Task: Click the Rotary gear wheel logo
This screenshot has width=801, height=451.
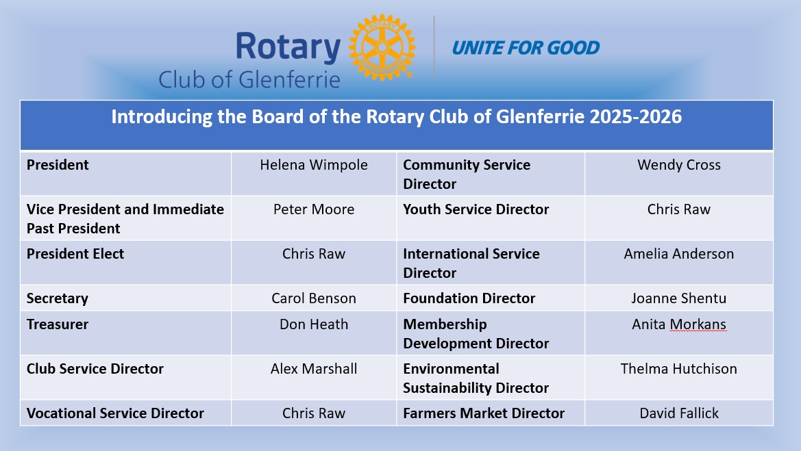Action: click(x=382, y=47)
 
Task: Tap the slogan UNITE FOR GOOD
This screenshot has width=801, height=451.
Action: click(x=526, y=48)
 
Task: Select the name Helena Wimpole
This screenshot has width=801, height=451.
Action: click(x=314, y=165)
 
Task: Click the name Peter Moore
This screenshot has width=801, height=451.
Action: click(x=314, y=209)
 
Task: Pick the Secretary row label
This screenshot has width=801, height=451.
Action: click(x=58, y=298)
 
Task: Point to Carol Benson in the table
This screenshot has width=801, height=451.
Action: click(x=314, y=298)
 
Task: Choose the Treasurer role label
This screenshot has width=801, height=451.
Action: click(x=58, y=324)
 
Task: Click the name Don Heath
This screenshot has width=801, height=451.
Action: click(x=314, y=324)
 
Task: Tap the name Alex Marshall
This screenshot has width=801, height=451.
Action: click(x=314, y=369)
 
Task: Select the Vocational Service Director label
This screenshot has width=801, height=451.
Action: click(x=115, y=413)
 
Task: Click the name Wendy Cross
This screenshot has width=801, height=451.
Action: click(x=679, y=165)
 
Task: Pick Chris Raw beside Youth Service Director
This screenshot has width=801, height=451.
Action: click(x=679, y=209)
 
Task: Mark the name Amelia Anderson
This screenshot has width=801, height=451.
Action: click(x=679, y=254)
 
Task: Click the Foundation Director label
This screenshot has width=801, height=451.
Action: click(x=469, y=298)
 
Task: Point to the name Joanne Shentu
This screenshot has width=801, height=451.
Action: click(x=679, y=298)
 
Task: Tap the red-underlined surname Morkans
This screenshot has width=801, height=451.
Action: click(x=698, y=324)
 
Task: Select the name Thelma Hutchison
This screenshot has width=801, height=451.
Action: click(x=679, y=369)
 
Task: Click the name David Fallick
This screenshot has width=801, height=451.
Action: click(x=679, y=413)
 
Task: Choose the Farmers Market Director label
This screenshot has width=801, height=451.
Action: click(x=484, y=413)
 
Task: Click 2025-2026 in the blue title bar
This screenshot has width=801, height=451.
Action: click(x=635, y=117)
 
